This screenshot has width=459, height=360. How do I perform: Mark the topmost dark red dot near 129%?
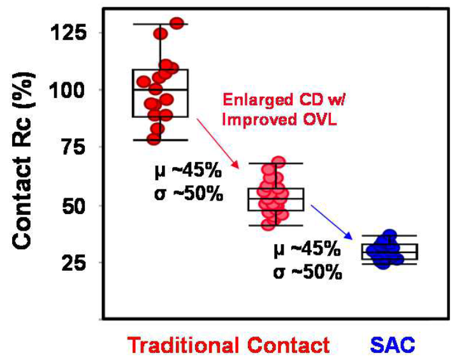pyautogui.click(x=177, y=24)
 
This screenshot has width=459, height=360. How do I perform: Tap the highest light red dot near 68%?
pyautogui.click(x=278, y=162)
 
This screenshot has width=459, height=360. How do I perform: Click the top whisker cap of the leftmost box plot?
pyautogui.click(x=160, y=24)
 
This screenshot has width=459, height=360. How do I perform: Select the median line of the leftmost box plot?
pyautogui.click(x=160, y=90)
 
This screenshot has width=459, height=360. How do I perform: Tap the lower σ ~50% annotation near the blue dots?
pyautogui.click(x=305, y=273)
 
